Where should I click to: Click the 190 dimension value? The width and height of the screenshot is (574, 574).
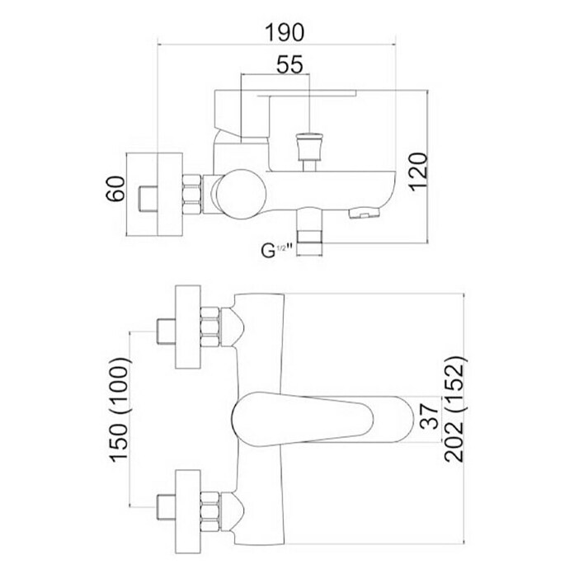[x=285, y=32]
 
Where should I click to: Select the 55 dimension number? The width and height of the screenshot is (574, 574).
[x=289, y=64]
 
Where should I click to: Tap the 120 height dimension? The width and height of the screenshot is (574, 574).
[x=418, y=172]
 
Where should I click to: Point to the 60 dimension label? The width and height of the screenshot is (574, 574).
[x=115, y=189]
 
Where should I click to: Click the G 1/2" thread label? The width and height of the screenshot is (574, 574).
[x=276, y=251]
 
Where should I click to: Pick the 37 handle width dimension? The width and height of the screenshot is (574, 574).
[x=429, y=416]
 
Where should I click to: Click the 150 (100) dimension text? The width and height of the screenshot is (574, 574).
[x=120, y=409]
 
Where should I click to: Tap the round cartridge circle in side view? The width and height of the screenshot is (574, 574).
[x=241, y=194]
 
